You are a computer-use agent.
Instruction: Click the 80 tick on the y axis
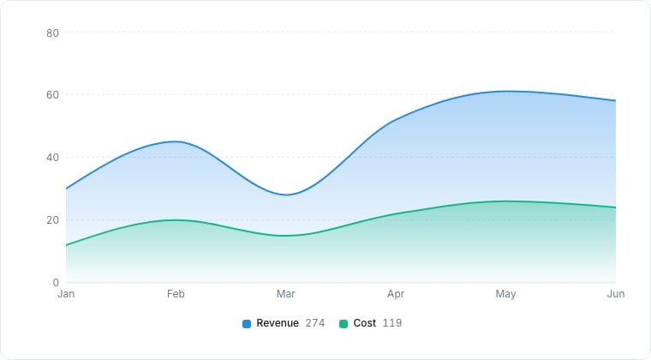pos(53,33)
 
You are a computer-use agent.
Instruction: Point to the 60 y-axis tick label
pos(53,95)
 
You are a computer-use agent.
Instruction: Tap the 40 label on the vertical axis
pos(53,158)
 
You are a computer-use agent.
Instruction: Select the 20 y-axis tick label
pos(53,220)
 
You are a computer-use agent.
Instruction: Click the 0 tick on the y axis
pos(56,283)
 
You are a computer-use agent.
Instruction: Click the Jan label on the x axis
pos(66,294)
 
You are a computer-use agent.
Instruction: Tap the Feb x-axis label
pos(176,294)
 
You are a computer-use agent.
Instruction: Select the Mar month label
pos(285,294)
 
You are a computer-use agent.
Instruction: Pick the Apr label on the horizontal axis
pos(396,294)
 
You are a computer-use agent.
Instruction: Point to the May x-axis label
pos(505,294)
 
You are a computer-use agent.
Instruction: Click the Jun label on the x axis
pos(616,294)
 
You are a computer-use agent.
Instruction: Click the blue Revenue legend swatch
pos(247,324)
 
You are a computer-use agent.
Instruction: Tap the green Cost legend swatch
pos(343,324)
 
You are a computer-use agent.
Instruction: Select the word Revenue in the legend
pos(278,323)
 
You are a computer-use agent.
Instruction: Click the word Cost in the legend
pos(365,323)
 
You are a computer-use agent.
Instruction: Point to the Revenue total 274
pos(315,323)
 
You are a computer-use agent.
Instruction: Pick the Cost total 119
pos(392,323)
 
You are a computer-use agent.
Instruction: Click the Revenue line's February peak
pos(176,141)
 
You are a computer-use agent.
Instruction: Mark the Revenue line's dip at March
pos(286,195)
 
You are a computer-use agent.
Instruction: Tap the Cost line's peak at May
pos(505,201)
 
